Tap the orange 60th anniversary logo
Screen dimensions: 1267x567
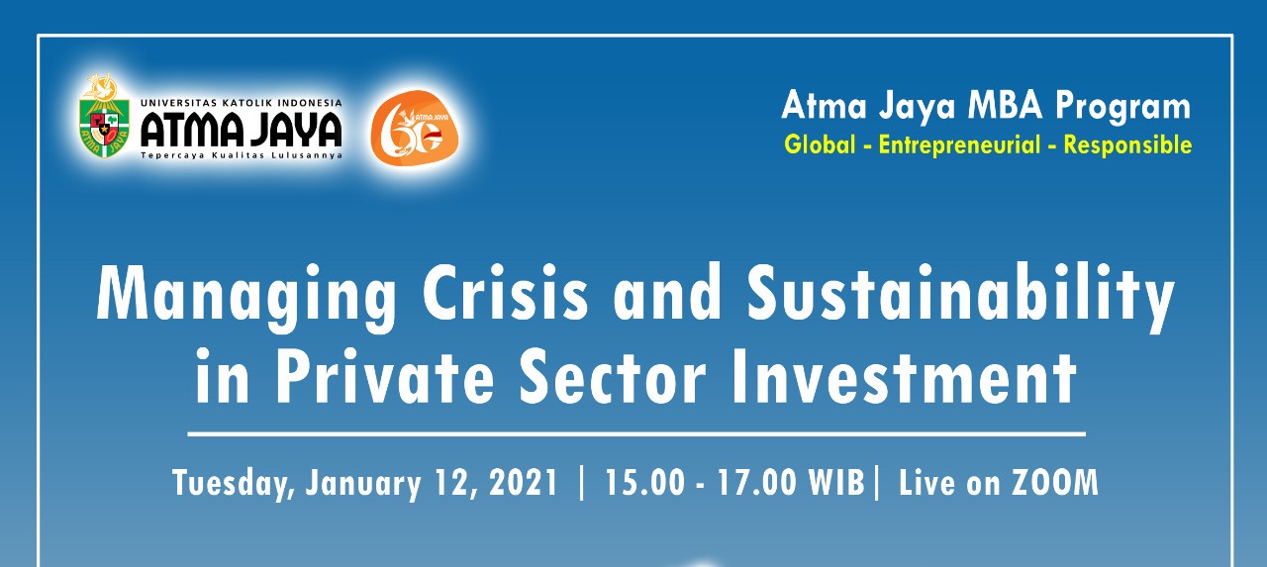pyautogui.click(x=415, y=125)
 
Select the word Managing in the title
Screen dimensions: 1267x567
pyautogui.click(x=246, y=297)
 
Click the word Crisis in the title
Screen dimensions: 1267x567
pyautogui.click(x=505, y=293)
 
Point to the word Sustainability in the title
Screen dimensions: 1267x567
pyautogui.click(x=960, y=297)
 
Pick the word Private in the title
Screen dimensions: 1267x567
pyautogui.click(x=385, y=375)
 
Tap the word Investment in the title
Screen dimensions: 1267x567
pyautogui.click(x=904, y=375)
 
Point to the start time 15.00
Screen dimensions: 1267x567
pyautogui.click(x=644, y=483)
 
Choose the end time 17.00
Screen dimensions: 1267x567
pyautogui.click(x=757, y=483)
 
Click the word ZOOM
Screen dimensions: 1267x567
pyautogui.click(x=1054, y=483)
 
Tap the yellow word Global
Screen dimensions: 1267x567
pyautogui.click(x=820, y=144)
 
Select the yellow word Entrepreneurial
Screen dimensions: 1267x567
pyautogui.click(x=959, y=145)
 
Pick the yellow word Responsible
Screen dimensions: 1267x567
pyautogui.click(x=1127, y=145)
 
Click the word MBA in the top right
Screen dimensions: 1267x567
pyautogui.click(x=1005, y=105)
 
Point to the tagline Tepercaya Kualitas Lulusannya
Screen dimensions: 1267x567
pyautogui.click(x=242, y=155)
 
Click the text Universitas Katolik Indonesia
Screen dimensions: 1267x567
pyautogui.click(x=242, y=103)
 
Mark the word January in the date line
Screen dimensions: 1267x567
pyautogui.click(x=363, y=484)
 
